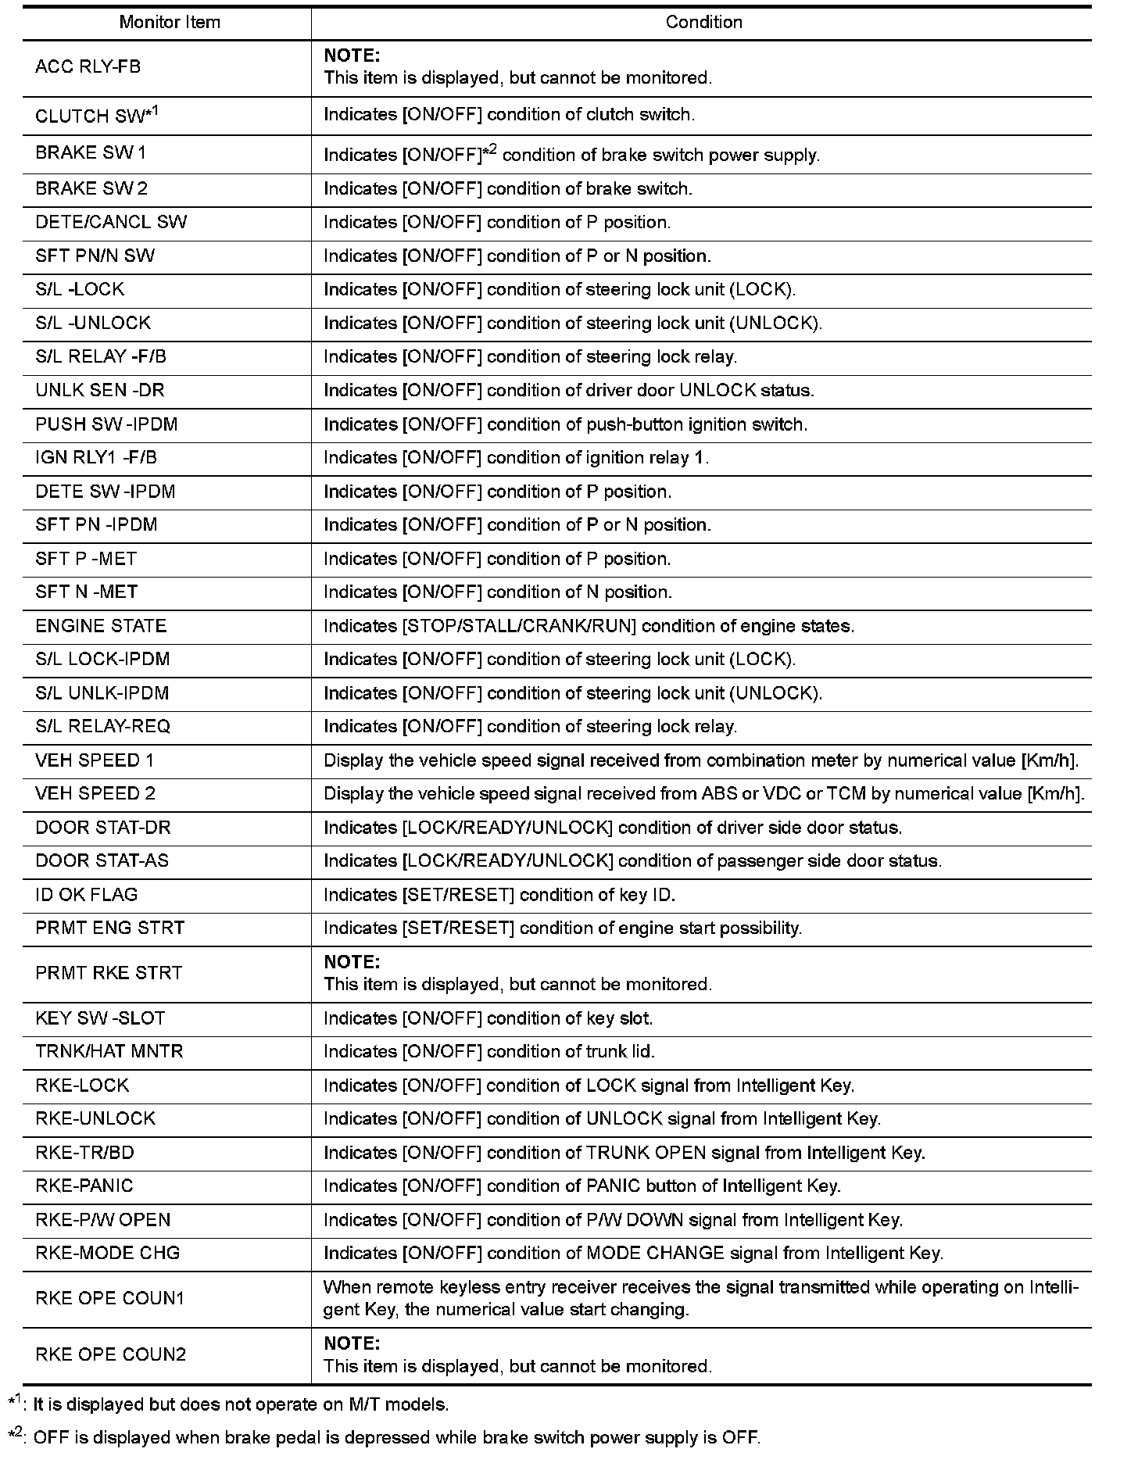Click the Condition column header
coord(703,23)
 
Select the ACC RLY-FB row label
coord(88,67)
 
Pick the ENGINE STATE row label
coord(101,626)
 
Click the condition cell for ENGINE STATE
coord(589,626)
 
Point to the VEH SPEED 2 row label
coord(95,793)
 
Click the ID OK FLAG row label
coord(87,895)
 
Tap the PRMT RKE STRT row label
coord(109,973)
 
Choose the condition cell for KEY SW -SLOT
coord(488,1018)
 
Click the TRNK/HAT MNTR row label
coord(109,1051)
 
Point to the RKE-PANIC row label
coord(84,1186)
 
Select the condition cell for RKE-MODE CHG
coord(633,1253)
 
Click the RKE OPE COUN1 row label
coord(110,1298)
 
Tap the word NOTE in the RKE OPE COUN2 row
coord(352,1343)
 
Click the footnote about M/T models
coord(234,1404)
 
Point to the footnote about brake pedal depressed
coord(391,1437)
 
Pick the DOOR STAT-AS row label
coord(102,860)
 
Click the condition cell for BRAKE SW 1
coord(571,155)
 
